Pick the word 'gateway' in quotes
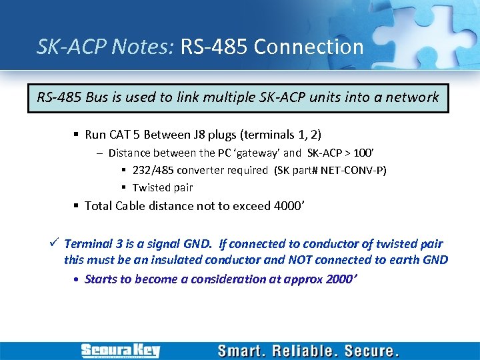255,153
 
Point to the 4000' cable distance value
289,205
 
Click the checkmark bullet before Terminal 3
55,243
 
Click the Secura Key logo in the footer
120,350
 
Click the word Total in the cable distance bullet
99,205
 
